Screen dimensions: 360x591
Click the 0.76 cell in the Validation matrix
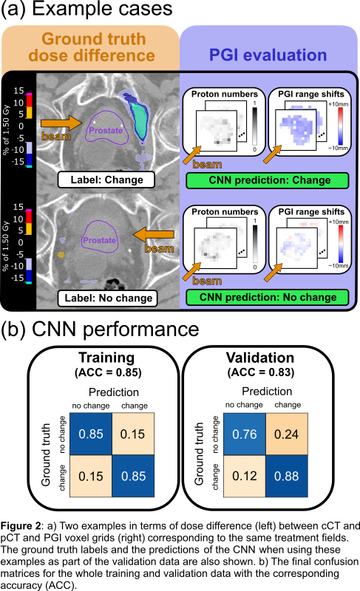(245, 434)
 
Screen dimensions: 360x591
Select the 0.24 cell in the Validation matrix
(287, 434)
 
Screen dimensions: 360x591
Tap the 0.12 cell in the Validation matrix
(245, 476)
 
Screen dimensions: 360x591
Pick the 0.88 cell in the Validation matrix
(287, 476)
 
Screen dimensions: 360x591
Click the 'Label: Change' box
(106, 180)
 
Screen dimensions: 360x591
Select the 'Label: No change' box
(108, 298)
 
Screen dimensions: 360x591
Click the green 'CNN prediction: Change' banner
(268, 180)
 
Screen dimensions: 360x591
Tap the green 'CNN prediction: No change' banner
(268, 298)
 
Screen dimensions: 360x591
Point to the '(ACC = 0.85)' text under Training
(108, 373)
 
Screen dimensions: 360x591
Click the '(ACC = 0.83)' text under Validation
(261, 373)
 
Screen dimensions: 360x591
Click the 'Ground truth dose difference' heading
(92, 47)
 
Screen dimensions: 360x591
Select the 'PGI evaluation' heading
(268, 55)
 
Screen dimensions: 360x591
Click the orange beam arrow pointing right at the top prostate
(61, 123)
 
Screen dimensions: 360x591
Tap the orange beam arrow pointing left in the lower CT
(154, 235)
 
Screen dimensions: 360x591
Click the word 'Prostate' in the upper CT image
(106, 131)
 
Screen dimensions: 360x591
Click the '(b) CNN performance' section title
(100, 329)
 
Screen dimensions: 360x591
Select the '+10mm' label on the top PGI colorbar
(338, 104)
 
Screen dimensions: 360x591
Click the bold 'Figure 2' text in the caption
(21, 526)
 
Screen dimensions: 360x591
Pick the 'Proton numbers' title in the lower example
(225, 212)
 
